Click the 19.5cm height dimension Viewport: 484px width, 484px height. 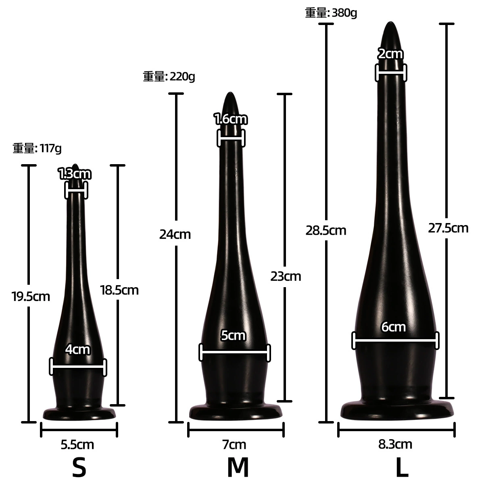(31, 296)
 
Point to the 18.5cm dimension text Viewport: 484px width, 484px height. (119, 290)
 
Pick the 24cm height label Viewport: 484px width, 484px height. (175, 235)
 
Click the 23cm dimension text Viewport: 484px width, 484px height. (286, 277)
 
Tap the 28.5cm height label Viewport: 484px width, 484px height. (326, 231)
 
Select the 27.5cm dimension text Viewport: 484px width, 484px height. (448, 228)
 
